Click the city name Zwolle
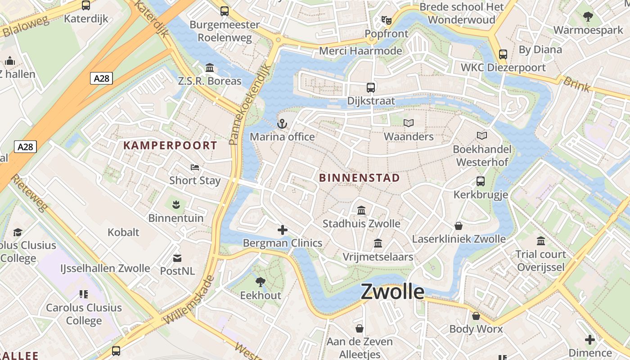pyautogui.click(x=392, y=292)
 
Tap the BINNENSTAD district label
pyautogui.click(x=359, y=178)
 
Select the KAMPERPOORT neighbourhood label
pyautogui.click(x=170, y=145)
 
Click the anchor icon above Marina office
pyautogui.click(x=282, y=124)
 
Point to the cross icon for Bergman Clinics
pyautogui.click(x=282, y=230)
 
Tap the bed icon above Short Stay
pyautogui.click(x=194, y=167)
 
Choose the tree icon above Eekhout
pyautogui.click(x=260, y=282)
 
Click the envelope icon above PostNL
pyautogui.click(x=177, y=258)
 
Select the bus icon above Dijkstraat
pyautogui.click(x=370, y=88)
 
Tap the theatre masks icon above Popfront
pyautogui.click(x=386, y=20)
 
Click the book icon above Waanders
pyautogui.click(x=409, y=123)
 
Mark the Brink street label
pyautogui.click(x=576, y=84)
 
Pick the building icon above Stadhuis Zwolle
pyautogui.click(x=361, y=211)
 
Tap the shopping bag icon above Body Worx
pyautogui.click(x=476, y=316)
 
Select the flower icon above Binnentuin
pyautogui.click(x=176, y=205)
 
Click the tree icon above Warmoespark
pyautogui.click(x=588, y=17)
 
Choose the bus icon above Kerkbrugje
pyautogui.click(x=481, y=181)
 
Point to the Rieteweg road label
pyautogui.click(x=30, y=193)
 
